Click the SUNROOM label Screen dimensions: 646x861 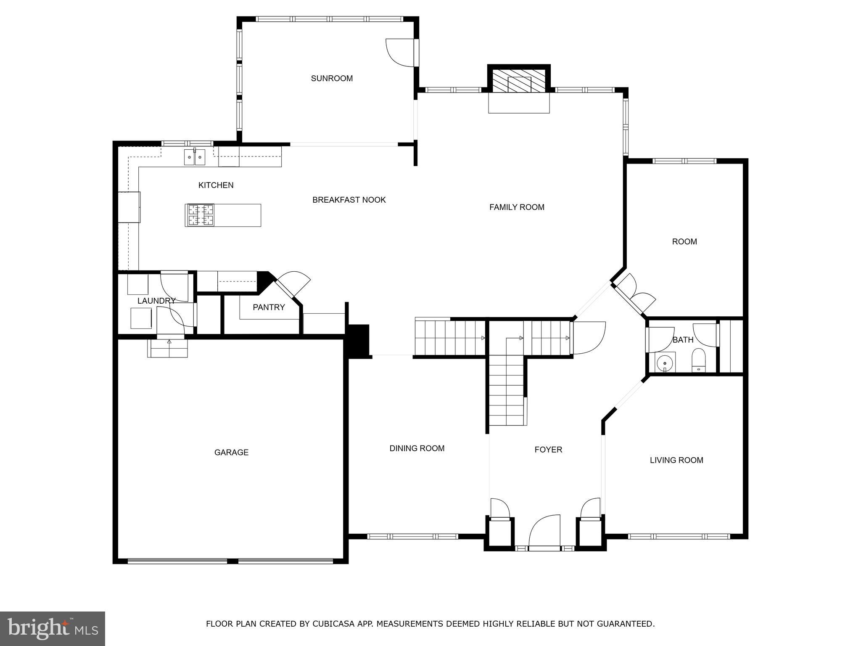tap(332, 78)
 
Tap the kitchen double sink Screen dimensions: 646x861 tap(194, 158)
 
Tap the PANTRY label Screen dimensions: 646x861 tap(269, 307)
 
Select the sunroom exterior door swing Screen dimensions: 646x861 tap(401, 52)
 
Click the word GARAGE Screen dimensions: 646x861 tap(231, 453)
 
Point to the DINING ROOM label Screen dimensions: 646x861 tap(417, 448)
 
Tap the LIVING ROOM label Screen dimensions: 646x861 tap(676, 460)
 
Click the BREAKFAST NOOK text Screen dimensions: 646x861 tap(349, 200)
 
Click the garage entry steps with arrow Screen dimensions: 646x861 tap(167, 348)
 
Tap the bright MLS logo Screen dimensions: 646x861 tap(52, 628)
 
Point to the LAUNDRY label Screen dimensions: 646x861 tap(156, 301)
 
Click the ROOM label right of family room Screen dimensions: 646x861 tap(684, 242)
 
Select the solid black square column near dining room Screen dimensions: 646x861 tap(358, 340)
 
